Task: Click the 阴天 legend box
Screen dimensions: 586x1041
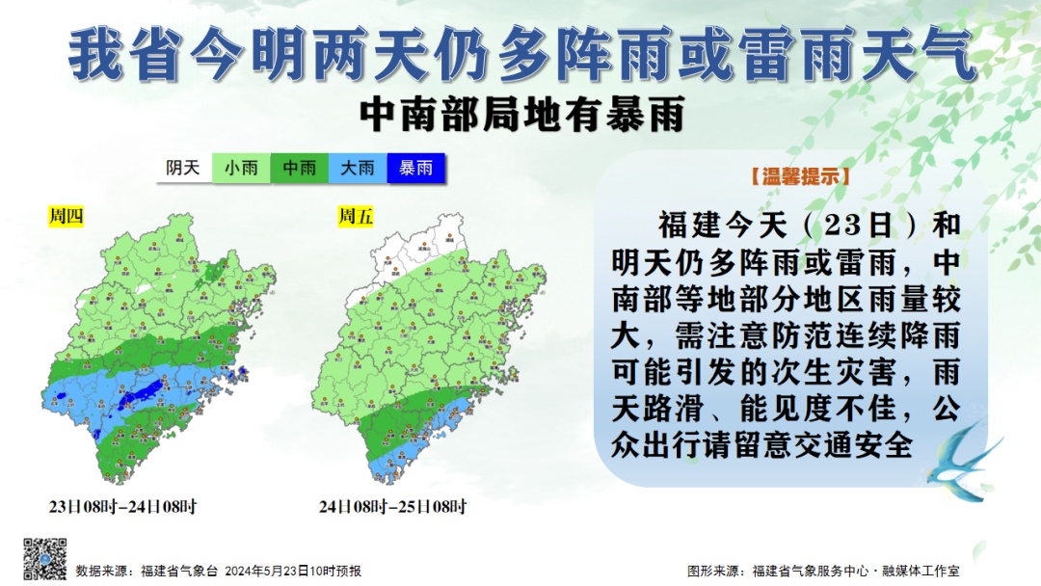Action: [x=183, y=168]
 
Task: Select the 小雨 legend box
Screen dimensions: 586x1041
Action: [x=241, y=168]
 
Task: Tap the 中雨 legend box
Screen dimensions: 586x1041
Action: [x=299, y=168]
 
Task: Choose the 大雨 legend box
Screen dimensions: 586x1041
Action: [x=358, y=168]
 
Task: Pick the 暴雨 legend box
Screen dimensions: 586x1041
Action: [x=416, y=168]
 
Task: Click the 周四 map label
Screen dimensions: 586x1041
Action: [x=67, y=216]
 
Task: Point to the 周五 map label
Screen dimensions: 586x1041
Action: [x=355, y=216]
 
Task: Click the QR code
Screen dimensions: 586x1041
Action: [x=45, y=559]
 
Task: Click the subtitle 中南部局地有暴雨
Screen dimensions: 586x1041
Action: [x=520, y=115]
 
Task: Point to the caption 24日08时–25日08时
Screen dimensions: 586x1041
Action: [x=393, y=506]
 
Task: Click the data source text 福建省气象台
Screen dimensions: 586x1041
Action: [x=179, y=571]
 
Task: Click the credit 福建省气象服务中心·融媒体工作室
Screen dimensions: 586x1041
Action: [x=856, y=571]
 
